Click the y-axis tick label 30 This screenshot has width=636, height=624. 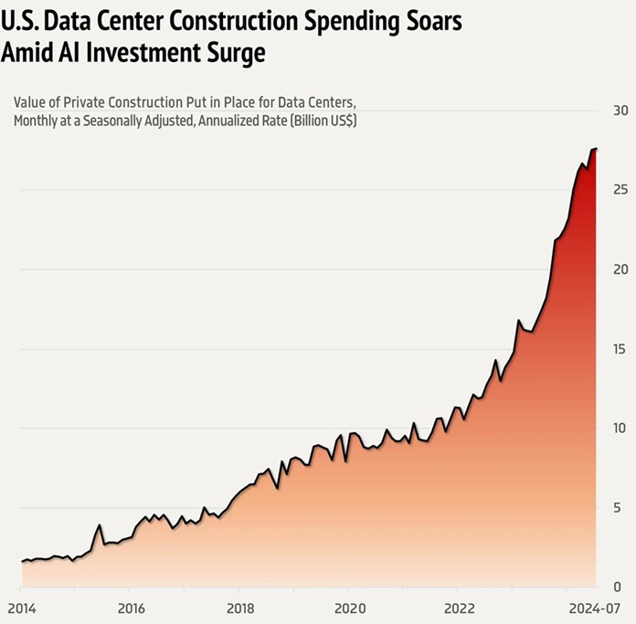(x=620, y=111)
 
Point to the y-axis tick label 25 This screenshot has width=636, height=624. (x=620, y=190)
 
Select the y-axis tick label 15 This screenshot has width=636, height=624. (x=620, y=349)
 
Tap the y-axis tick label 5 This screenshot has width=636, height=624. (x=621, y=507)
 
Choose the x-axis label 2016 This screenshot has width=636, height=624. (x=131, y=608)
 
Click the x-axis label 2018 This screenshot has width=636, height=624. (x=239, y=608)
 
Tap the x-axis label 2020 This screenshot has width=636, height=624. (x=349, y=608)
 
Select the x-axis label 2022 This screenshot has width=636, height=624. (x=459, y=608)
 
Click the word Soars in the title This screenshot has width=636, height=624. (x=421, y=19)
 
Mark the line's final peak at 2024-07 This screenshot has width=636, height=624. (x=596, y=148)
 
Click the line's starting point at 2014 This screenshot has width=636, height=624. (x=22, y=562)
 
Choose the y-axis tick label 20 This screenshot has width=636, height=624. (x=620, y=270)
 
